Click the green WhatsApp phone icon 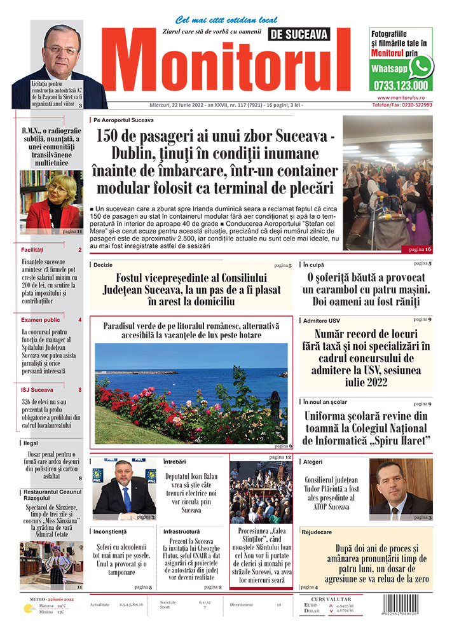[x=421, y=66]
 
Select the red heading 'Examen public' [x=41, y=320]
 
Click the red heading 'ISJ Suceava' [x=38, y=390]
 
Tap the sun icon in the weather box [x=28, y=609]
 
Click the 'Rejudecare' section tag [x=317, y=532]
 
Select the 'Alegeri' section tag [x=313, y=462]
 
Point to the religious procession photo [x=261, y=493]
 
